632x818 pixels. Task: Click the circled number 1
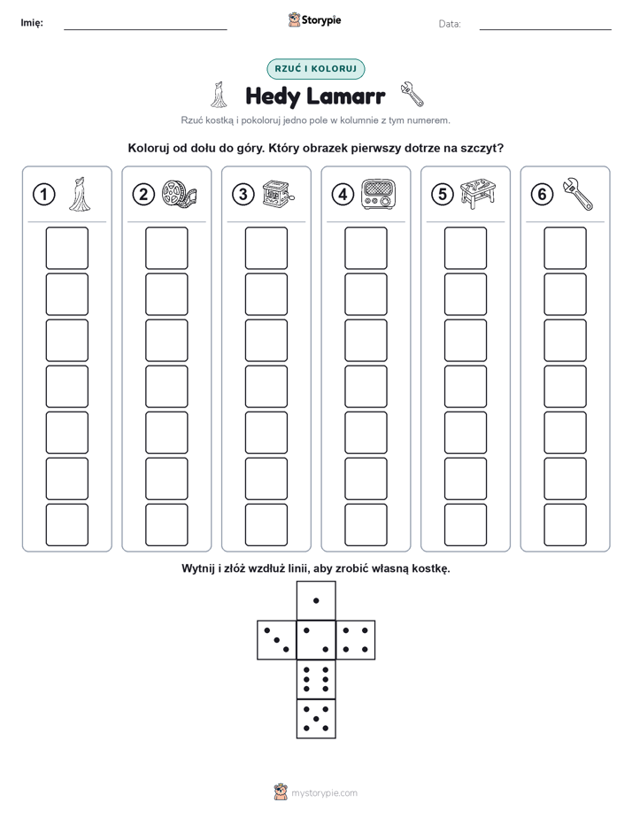coord(43,195)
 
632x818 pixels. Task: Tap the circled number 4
coord(343,195)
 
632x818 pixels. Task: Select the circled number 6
coord(542,195)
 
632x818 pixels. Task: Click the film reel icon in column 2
coord(179,194)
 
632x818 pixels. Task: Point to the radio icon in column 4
coord(379,194)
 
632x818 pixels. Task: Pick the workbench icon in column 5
coord(478,194)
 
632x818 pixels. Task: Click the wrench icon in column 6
coord(578,194)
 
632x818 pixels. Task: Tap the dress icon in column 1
coord(80,194)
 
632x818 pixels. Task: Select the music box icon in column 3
coord(279,194)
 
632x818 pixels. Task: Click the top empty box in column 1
coord(66,248)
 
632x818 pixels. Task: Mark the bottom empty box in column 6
coord(565,525)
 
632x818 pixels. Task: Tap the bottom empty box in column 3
coord(266,525)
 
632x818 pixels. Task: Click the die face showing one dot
coord(316,600)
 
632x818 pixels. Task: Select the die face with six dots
coord(316,679)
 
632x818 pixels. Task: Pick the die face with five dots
coord(316,719)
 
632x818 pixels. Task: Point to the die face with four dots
coord(356,640)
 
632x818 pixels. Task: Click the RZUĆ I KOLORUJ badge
coord(315,69)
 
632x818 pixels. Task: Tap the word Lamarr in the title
coord(346,96)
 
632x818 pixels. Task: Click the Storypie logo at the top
coord(314,19)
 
